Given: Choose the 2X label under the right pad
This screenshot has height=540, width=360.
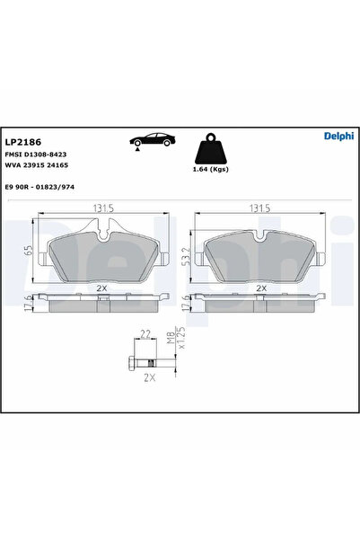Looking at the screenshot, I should coord(261,288).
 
